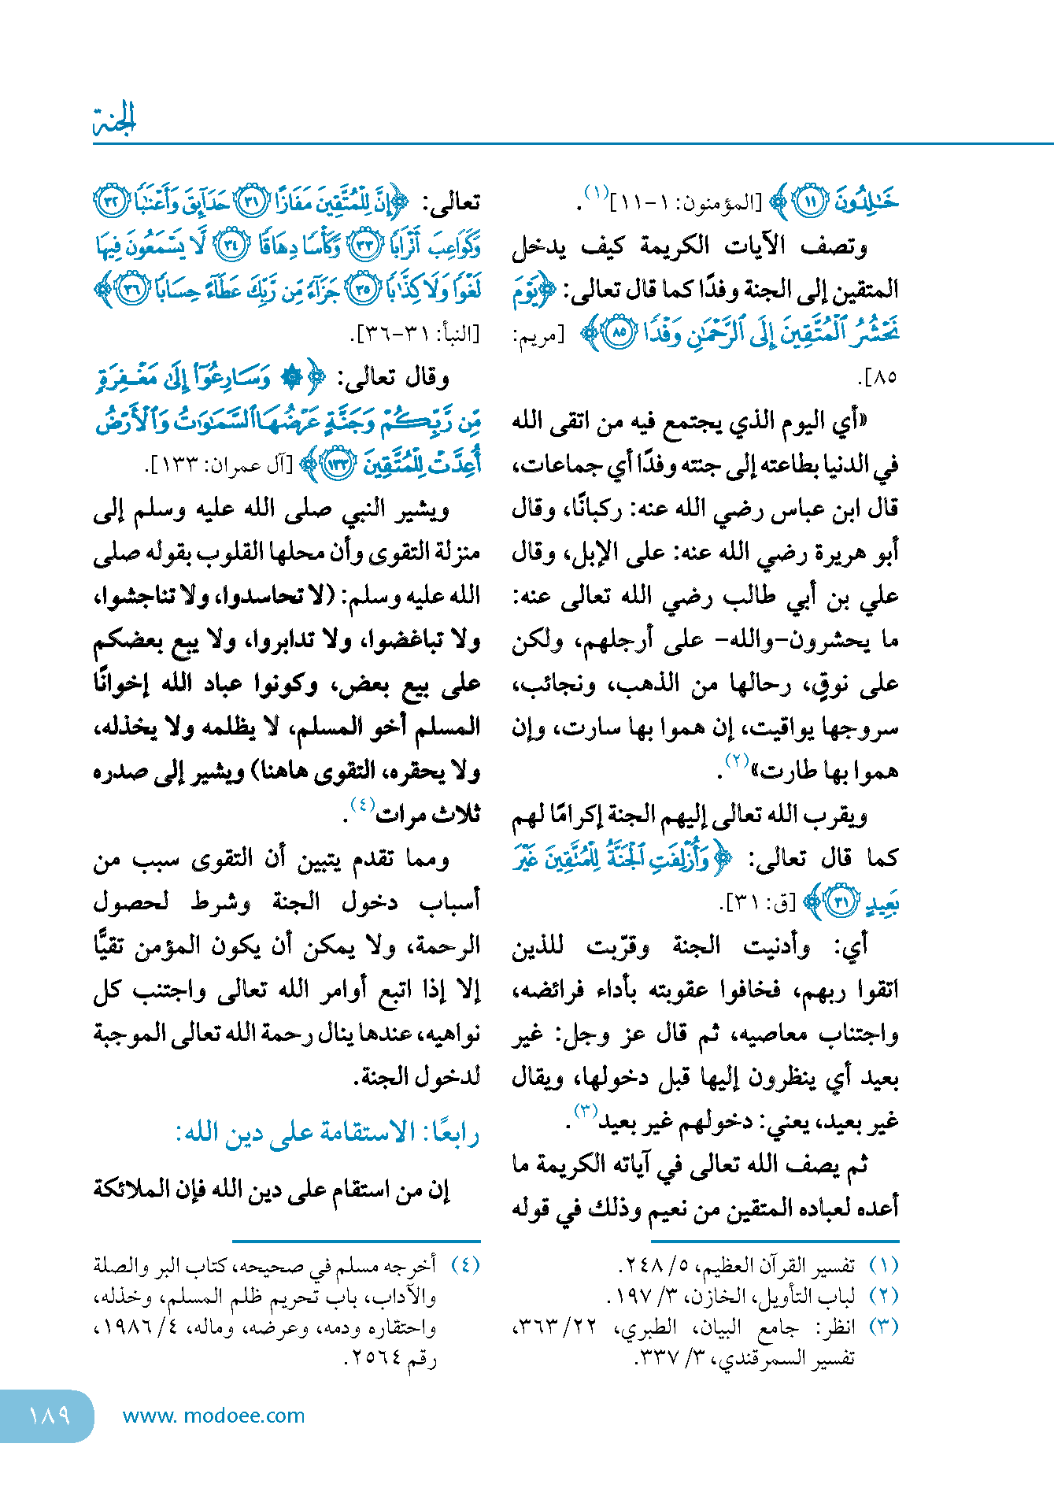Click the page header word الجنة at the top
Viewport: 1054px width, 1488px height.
click(x=115, y=120)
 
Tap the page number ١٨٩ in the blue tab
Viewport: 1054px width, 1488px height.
click(x=49, y=1416)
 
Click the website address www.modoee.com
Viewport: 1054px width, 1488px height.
click(x=213, y=1416)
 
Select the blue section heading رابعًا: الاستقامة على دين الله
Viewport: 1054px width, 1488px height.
click(x=327, y=1133)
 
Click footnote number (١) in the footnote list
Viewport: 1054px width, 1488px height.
click(x=883, y=1266)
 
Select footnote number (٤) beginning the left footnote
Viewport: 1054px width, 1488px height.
click(x=465, y=1266)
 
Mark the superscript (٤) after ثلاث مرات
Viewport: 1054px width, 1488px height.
click(x=362, y=805)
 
